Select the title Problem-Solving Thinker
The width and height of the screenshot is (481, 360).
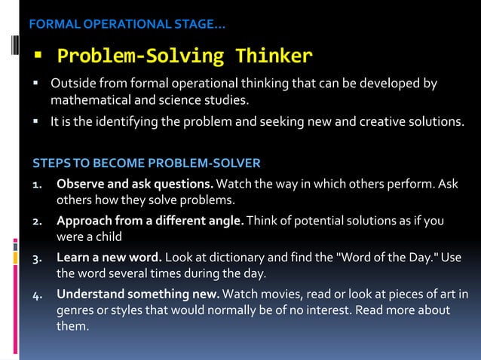pyautogui.click(x=185, y=56)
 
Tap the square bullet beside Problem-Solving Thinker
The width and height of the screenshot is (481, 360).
pyautogui.click(x=35, y=56)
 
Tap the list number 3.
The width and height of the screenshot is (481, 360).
pyautogui.click(x=36, y=258)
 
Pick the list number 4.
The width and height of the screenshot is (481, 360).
pyautogui.click(x=36, y=294)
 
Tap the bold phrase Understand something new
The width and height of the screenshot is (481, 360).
pyautogui.click(x=138, y=293)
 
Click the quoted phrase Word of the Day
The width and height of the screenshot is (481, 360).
pyautogui.click(x=388, y=257)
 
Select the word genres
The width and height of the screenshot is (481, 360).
pyautogui.click(x=75, y=310)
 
